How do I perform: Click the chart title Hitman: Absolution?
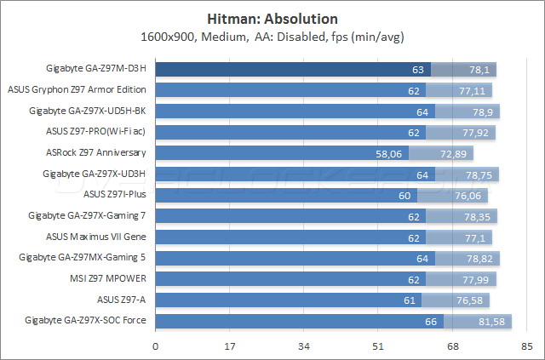[x=272, y=19]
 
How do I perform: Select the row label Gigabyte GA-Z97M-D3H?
[x=96, y=69]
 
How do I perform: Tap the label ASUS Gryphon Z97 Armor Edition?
[x=77, y=89]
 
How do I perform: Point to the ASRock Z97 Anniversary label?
[x=96, y=153]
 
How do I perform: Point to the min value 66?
[x=431, y=321]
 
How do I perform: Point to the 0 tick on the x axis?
[x=156, y=346]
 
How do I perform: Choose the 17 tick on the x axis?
[x=230, y=346]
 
